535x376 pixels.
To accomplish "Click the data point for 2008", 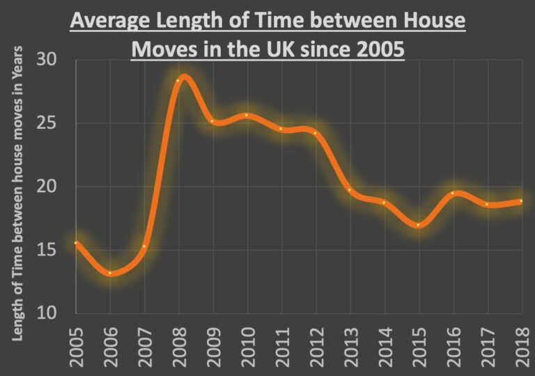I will (x=178, y=81).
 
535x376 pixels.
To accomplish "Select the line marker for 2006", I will (x=109, y=273).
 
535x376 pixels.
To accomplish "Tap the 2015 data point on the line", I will (x=418, y=225).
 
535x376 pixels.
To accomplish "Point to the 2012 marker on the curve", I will (x=315, y=133).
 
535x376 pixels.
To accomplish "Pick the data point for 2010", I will (x=247, y=116).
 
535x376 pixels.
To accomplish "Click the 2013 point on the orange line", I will (x=350, y=189).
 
